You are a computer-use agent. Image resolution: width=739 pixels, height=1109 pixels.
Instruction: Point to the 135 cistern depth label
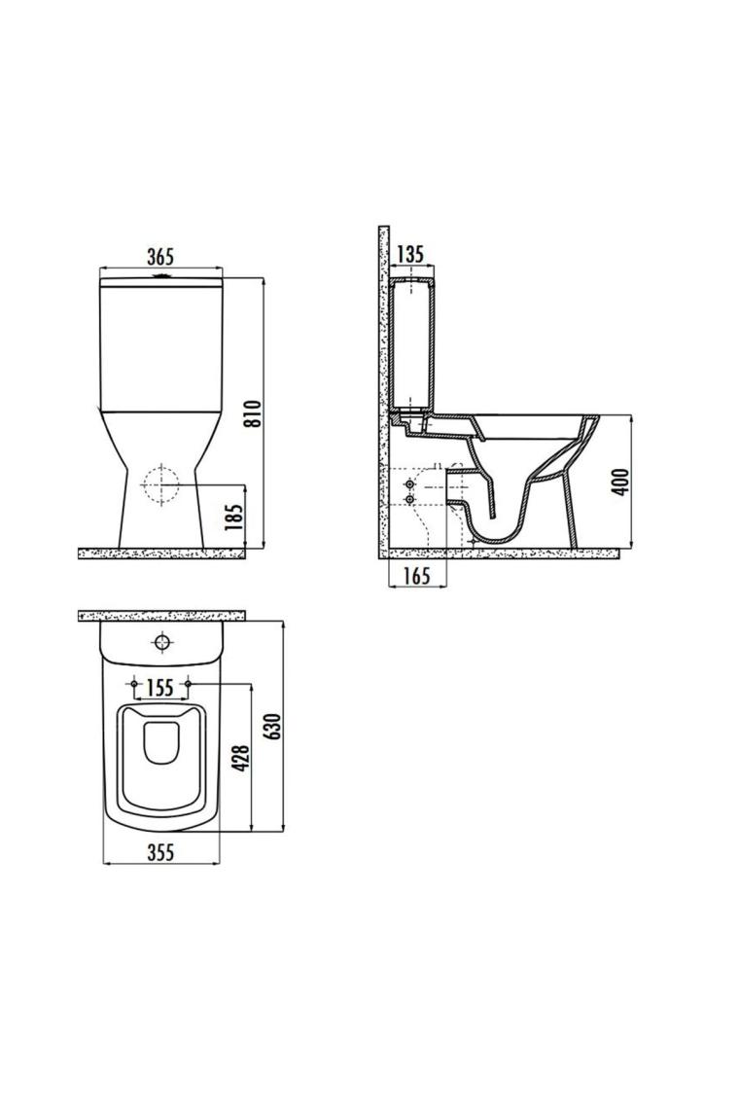pos(410,253)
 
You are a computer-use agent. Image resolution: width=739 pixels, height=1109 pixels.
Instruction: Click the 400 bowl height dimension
pos(621,482)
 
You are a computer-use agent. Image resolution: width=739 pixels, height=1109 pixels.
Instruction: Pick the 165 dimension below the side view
pos(418,577)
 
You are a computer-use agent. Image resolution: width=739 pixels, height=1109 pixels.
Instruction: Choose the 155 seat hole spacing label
pos(160,688)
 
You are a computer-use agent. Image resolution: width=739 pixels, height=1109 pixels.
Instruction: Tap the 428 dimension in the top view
pos(241,758)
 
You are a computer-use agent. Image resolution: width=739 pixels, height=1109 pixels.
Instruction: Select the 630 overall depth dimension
pos(273,727)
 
